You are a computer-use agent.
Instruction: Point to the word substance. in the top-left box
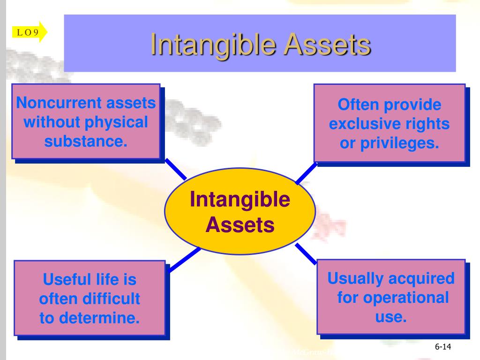(86, 140)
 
